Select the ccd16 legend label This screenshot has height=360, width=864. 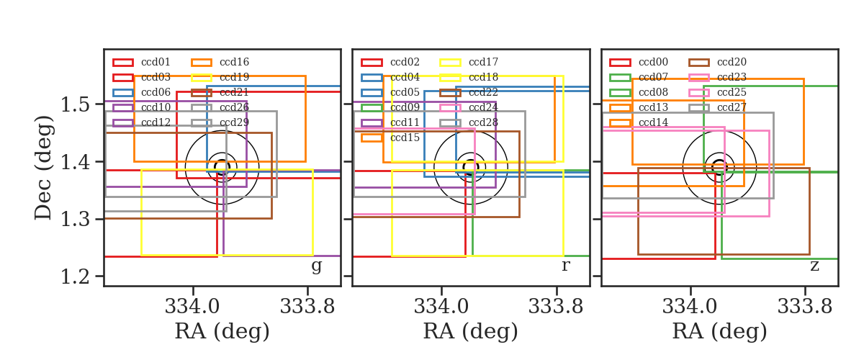234,62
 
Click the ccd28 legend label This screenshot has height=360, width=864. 483,122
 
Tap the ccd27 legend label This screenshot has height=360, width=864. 732,108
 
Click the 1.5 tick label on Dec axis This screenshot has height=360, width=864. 75,104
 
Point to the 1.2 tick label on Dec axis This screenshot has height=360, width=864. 75,276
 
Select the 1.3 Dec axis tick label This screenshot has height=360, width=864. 75,219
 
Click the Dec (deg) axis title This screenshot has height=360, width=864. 42,168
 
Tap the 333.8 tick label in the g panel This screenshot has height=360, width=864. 307,307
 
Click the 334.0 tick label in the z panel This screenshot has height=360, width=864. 690,307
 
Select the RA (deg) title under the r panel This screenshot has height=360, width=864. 471,331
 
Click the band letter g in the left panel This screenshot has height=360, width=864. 317,266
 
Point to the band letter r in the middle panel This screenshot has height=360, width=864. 565,266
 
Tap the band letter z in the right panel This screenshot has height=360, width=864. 814,266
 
